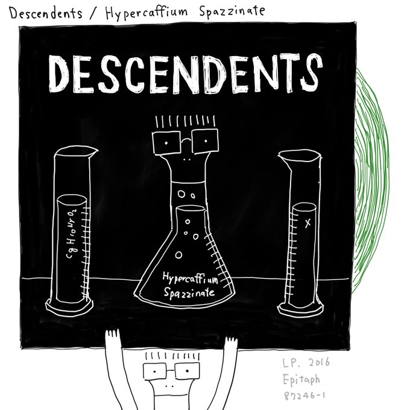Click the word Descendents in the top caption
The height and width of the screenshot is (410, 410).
point(45,11)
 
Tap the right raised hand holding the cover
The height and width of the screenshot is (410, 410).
point(231,341)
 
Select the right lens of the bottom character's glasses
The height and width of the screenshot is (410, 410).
point(187,371)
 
